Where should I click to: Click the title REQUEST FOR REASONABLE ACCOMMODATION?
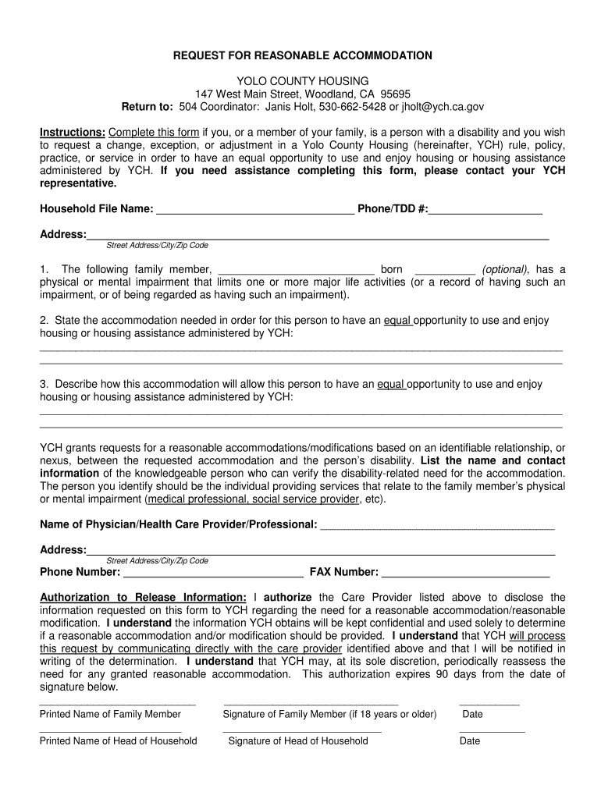[302, 55]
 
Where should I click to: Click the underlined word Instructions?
[73, 132]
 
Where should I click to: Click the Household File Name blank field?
[254, 209]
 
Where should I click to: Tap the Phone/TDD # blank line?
[485, 209]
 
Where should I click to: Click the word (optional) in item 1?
[504, 269]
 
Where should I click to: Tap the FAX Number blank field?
[465, 573]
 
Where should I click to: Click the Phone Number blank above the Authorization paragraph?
[213, 573]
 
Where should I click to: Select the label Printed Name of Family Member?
[110, 714]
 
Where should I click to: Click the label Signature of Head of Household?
[297, 740]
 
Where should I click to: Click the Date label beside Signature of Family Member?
[472, 714]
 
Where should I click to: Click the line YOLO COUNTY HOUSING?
[302, 81]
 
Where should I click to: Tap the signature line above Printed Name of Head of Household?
[110, 731]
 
